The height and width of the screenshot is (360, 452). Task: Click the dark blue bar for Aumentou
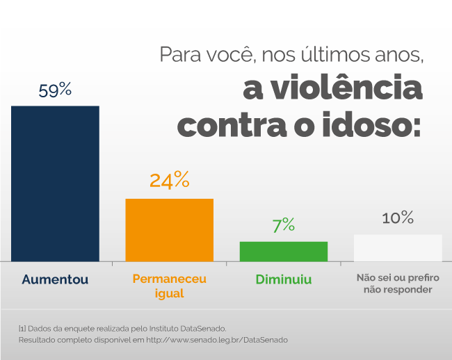pyautogui.click(x=55, y=183)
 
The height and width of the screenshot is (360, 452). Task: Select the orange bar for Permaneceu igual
pyautogui.click(x=169, y=229)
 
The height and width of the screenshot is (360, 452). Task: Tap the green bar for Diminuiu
pyautogui.click(x=283, y=251)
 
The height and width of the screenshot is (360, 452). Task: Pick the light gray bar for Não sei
pyautogui.click(x=398, y=247)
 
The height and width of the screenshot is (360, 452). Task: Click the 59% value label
pyautogui.click(x=55, y=90)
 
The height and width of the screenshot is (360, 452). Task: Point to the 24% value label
pyautogui.click(x=169, y=180)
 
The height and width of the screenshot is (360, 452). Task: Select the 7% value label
pyautogui.click(x=283, y=225)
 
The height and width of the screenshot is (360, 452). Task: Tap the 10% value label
pyautogui.click(x=398, y=218)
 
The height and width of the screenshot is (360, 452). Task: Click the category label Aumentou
pyautogui.click(x=55, y=279)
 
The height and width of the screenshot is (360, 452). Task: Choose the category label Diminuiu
pyautogui.click(x=283, y=279)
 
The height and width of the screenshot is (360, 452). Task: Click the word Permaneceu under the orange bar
pyautogui.click(x=169, y=279)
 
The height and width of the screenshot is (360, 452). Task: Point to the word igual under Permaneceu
pyautogui.click(x=169, y=293)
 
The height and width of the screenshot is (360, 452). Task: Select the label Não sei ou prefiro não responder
pyautogui.click(x=398, y=284)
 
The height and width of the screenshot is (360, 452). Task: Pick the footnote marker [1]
pyautogui.click(x=22, y=327)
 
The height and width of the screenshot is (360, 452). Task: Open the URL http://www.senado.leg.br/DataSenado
pyautogui.click(x=216, y=340)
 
